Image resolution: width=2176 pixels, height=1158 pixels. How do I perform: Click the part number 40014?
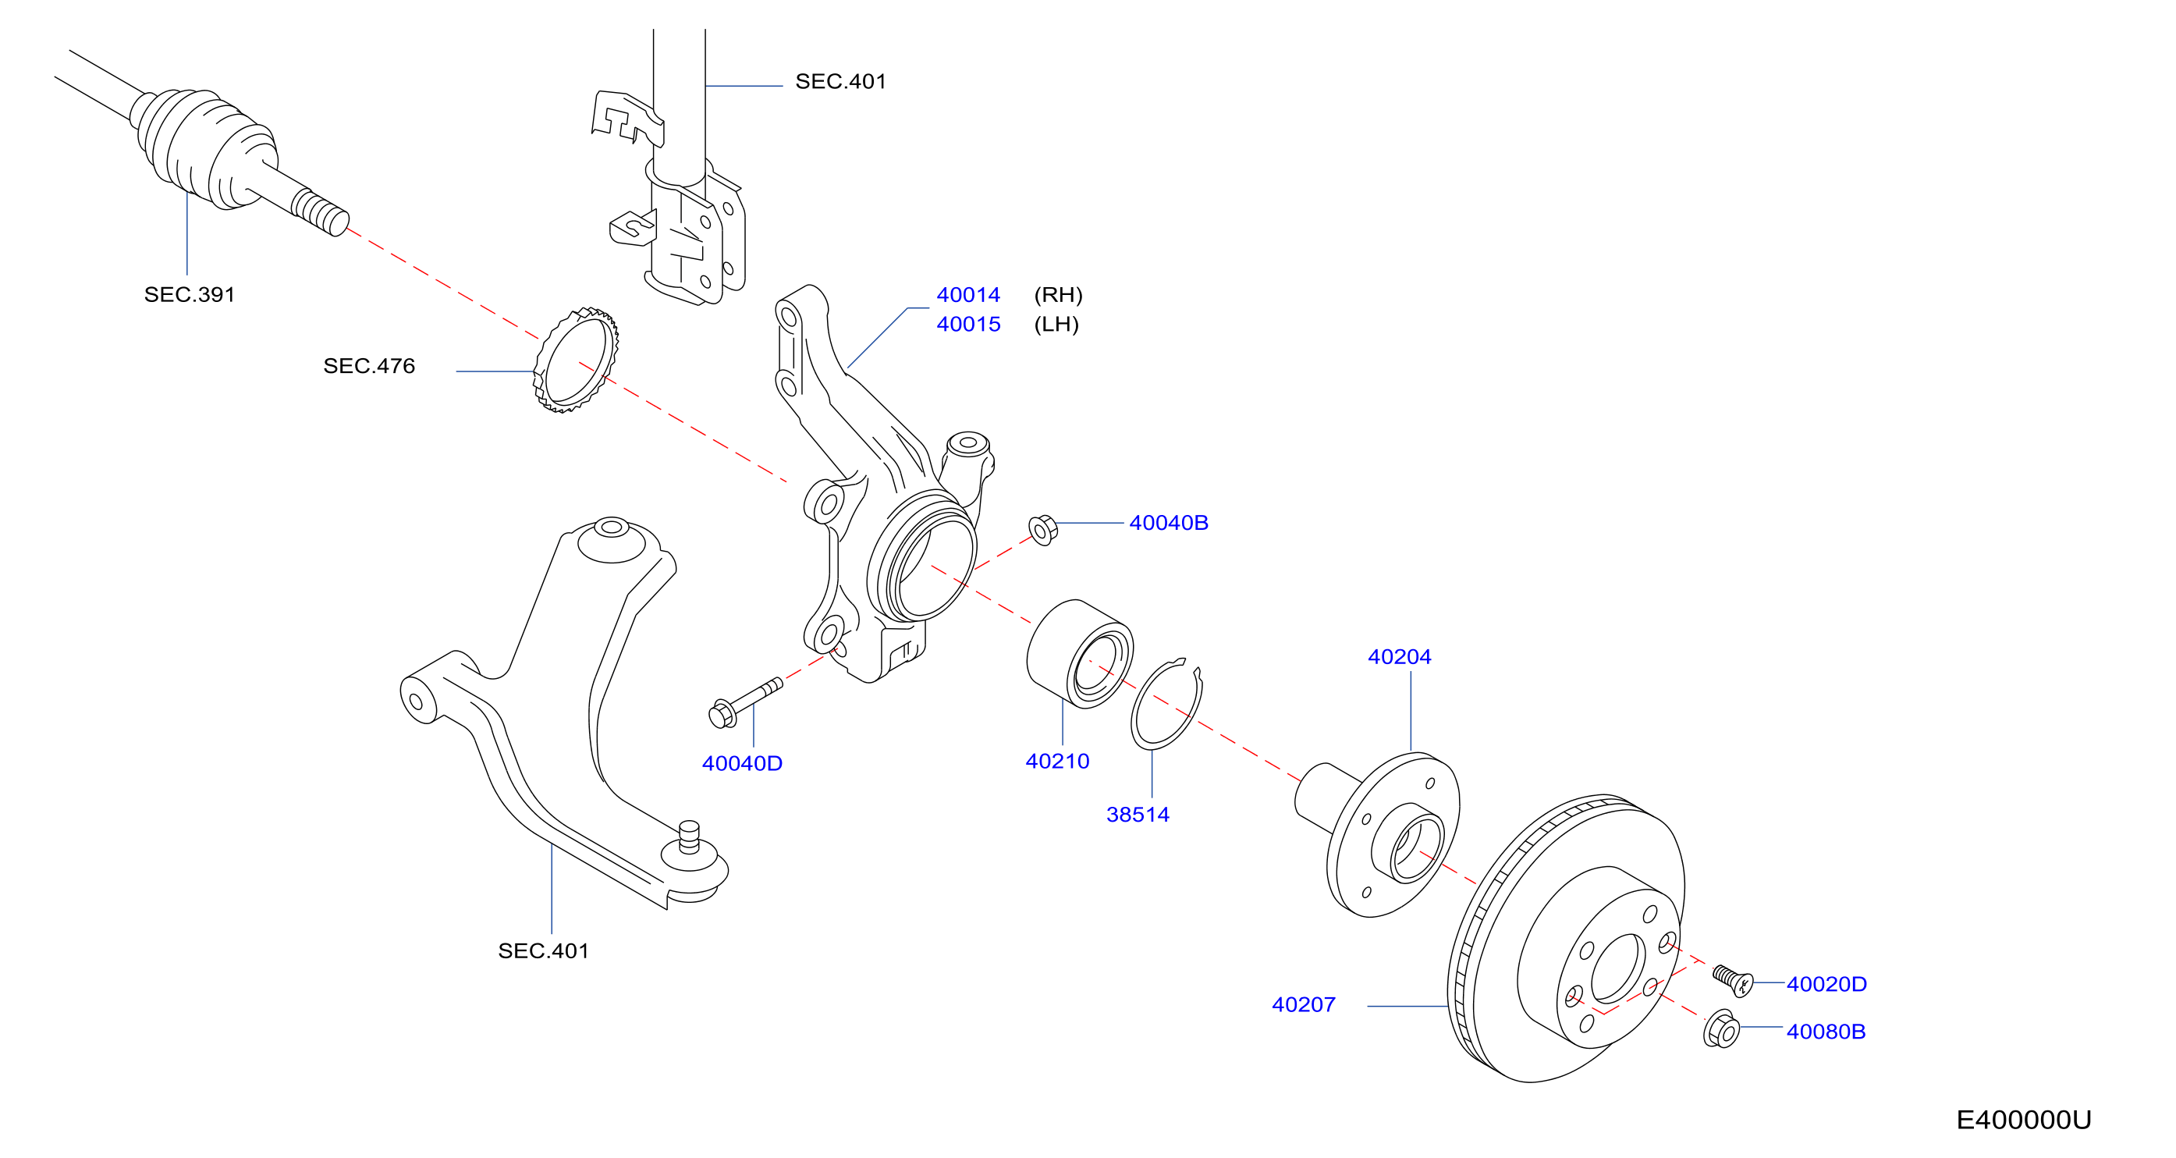click(968, 295)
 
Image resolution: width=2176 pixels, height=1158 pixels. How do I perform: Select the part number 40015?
click(968, 325)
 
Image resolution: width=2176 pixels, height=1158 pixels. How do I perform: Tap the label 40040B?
click(1168, 523)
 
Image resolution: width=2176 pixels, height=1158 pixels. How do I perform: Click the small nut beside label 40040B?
click(1043, 530)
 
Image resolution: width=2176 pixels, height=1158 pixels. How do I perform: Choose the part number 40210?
click(1056, 761)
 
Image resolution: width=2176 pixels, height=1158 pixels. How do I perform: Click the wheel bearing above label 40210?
click(1080, 654)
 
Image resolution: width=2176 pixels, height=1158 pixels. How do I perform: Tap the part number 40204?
click(1399, 656)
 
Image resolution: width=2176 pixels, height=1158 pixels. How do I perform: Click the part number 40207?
click(1304, 1004)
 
